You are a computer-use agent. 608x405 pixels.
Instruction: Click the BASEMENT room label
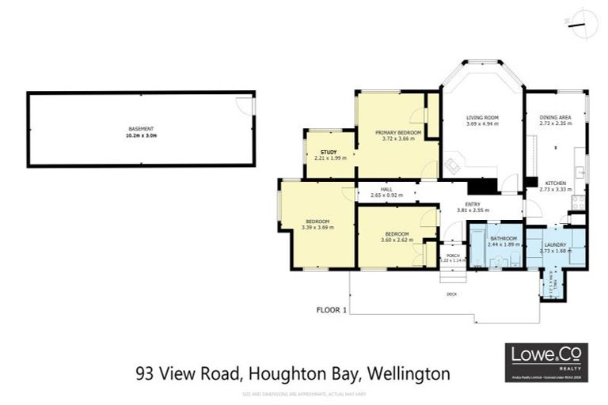(141, 129)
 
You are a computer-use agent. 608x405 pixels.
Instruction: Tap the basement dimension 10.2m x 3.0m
(141, 136)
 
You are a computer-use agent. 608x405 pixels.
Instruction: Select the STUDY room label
(329, 152)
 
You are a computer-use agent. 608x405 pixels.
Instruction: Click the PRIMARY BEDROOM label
(397, 132)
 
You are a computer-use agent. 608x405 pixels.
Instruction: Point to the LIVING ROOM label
(481, 117)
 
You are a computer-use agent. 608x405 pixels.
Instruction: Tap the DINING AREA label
(555, 117)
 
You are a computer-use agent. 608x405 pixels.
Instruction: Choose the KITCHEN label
(555, 183)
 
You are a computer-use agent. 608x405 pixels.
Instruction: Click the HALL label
(386, 189)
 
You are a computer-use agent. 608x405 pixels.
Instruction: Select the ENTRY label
(473, 204)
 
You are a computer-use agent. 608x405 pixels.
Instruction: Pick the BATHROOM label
(503, 238)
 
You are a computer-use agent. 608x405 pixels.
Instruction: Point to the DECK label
(452, 294)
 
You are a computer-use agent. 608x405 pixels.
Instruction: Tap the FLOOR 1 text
(332, 309)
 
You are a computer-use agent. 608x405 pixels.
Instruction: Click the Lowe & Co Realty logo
(546, 362)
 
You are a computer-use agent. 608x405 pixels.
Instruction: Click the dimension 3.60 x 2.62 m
(397, 240)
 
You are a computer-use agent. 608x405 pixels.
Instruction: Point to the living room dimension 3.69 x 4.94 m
(481, 124)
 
